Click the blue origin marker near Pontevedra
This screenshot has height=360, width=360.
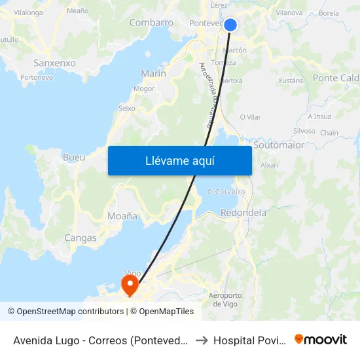click(x=230, y=25)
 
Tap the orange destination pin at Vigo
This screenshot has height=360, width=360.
click(x=130, y=284)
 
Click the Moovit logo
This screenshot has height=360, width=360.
click(x=321, y=340)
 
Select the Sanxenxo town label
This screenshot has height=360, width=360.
click(x=54, y=63)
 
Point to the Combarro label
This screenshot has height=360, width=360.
click(x=151, y=22)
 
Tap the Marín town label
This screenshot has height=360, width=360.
click(x=153, y=73)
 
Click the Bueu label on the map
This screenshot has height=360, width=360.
click(x=74, y=158)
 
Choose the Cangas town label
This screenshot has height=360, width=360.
click(x=81, y=238)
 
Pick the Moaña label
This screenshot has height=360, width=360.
click(x=122, y=215)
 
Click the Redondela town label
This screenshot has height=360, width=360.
click(x=243, y=213)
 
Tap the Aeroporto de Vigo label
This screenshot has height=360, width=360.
click(x=225, y=300)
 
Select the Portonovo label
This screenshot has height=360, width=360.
click(x=37, y=77)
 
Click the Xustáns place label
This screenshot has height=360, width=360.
click(x=291, y=81)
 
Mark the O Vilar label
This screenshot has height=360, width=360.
click(x=250, y=117)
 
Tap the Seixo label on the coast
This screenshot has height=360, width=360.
click(x=126, y=108)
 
